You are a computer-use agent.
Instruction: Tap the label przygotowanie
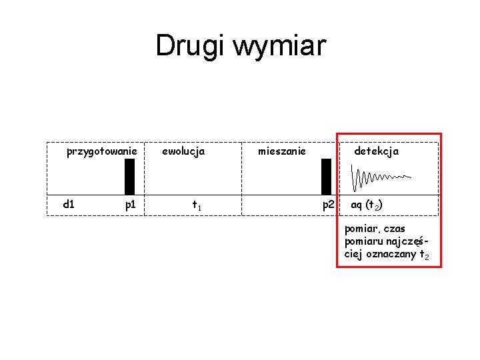pyautogui.click(x=102, y=151)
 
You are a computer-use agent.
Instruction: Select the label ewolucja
pyautogui.click(x=183, y=151)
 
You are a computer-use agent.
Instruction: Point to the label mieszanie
pyautogui.click(x=282, y=151)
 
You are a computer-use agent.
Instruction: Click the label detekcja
pyautogui.click(x=376, y=151)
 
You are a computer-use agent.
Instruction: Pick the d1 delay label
pyautogui.click(x=68, y=204)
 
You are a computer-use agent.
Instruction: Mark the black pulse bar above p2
pyautogui.click(x=326, y=175)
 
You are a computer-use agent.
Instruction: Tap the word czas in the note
pyautogui.click(x=395, y=229)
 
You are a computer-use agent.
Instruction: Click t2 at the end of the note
pyautogui.click(x=424, y=255)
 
